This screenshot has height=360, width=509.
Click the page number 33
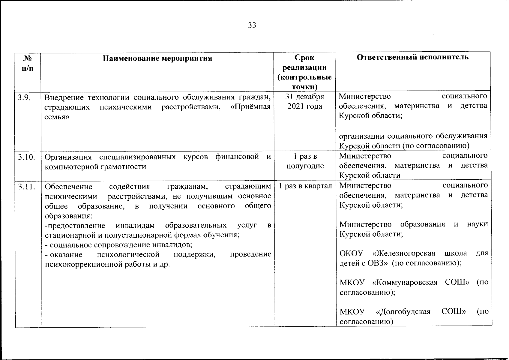(252, 25)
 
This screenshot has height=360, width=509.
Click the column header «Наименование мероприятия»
(157, 58)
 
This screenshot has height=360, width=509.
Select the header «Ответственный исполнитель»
(413, 57)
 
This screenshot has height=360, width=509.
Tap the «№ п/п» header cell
(28, 63)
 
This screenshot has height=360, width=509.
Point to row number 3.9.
(24, 97)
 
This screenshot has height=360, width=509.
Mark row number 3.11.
(26, 187)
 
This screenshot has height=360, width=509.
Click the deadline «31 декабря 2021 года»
(305, 101)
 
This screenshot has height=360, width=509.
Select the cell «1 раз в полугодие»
(305, 161)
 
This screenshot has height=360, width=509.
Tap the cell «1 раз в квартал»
(305, 186)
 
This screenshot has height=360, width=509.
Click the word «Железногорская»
(405, 253)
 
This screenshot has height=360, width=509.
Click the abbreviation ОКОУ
(351, 253)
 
